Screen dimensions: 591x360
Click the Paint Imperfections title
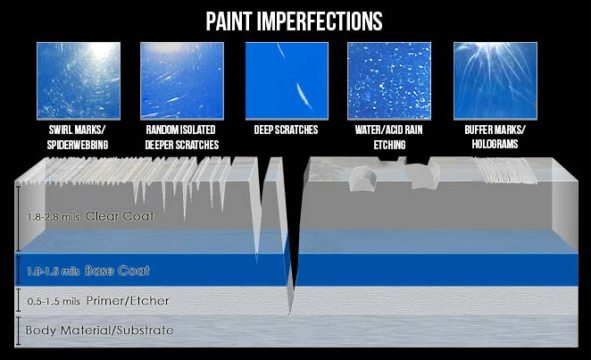pos(294,21)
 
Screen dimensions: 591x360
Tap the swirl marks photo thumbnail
pos(79,80)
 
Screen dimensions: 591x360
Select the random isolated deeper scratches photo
pos(182,80)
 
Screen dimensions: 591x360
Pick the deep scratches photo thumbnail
pos(287,80)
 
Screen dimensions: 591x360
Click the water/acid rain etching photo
pos(389,80)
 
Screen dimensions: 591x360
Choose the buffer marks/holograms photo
pos(495,80)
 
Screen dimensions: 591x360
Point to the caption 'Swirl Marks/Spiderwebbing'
pos(78,138)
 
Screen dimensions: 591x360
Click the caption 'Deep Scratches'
pos(286,130)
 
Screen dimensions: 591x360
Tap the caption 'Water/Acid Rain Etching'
pos(389,138)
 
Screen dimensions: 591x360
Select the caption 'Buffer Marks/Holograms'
pos(495,137)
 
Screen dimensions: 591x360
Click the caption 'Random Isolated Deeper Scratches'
pos(181,138)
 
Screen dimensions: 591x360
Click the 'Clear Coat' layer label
pos(120,216)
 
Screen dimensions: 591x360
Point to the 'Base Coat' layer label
pos(117,271)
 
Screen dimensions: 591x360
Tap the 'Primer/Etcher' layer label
pos(128,301)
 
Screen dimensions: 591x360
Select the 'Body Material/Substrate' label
pos(99,331)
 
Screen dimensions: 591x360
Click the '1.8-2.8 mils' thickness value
pos(54,217)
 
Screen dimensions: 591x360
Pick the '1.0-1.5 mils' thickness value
pos(54,272)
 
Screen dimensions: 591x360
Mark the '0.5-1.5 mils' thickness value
pos(54,302)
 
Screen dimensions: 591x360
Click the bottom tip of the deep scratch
pos(290,314)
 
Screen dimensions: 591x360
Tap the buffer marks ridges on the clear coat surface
pos(505,171)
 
